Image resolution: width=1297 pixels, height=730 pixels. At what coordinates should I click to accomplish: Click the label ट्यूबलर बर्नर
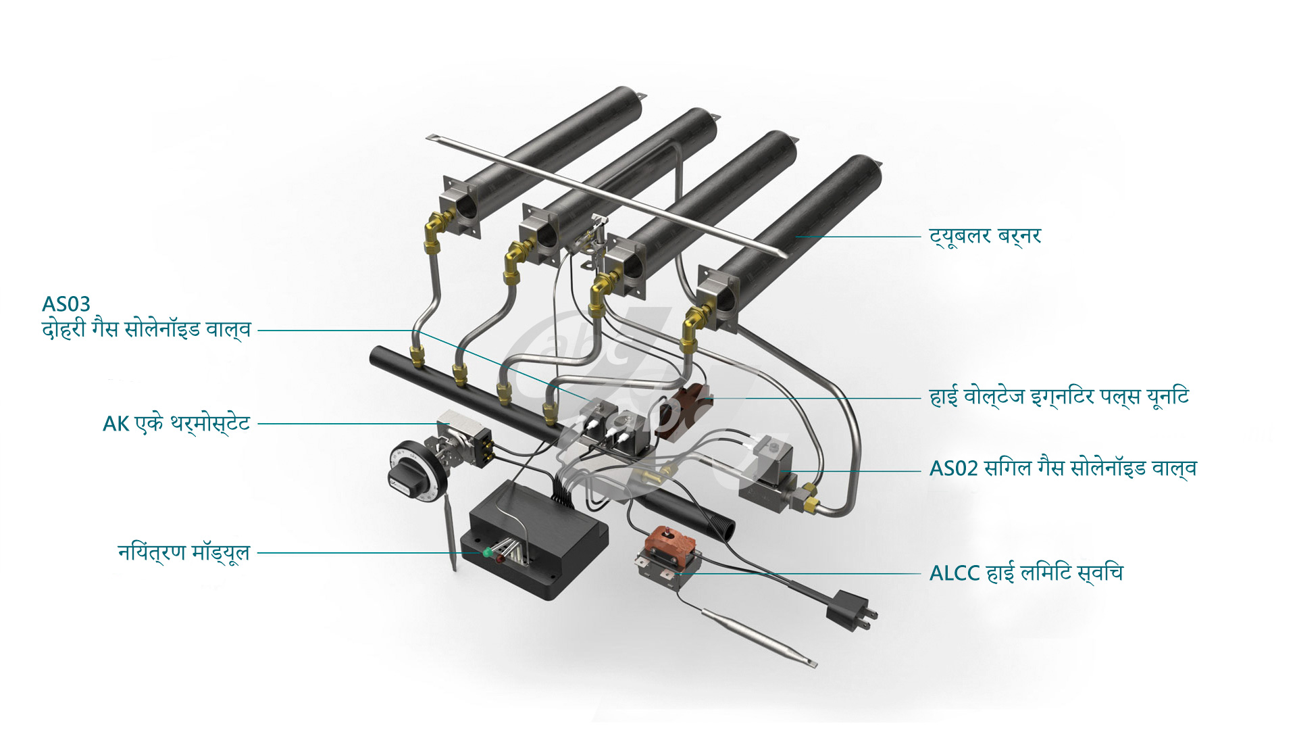click(985, 237)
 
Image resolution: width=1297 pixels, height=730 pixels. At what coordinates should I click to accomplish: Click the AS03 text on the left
click(66, 304)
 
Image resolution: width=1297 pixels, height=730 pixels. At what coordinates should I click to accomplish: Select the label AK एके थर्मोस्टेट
click(176, 424)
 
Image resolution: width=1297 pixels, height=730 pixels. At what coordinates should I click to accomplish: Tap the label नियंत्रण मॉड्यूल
click(184, 552)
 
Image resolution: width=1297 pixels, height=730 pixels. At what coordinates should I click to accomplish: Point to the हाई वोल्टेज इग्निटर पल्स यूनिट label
click(1059, 397)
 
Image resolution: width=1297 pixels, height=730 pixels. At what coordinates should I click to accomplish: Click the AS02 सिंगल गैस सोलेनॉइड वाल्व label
click(1063, 468)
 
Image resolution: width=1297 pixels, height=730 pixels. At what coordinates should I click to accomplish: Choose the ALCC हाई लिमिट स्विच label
click(1025, 573)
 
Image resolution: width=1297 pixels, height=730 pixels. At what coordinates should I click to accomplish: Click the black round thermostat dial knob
click(410, 467)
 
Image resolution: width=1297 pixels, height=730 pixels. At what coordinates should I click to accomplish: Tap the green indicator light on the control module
click(486, 552)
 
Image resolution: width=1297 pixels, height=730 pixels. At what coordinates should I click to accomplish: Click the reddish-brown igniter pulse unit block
click(689, 409)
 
